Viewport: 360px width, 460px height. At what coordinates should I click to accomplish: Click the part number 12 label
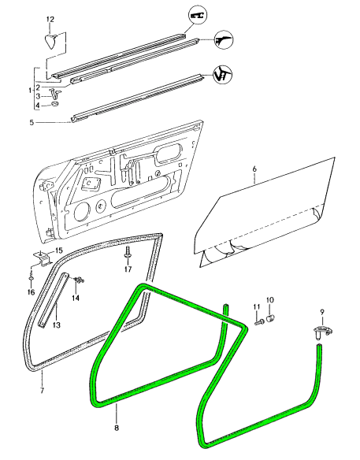tap(50, 20)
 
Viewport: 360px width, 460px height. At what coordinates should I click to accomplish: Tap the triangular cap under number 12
tap(51, 40)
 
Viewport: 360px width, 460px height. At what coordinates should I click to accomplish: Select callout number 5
tap(32, 122)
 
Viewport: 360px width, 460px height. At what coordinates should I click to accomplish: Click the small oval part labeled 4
tap(54, 104)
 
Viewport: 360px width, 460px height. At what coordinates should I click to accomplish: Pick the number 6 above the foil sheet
tap(254, 169)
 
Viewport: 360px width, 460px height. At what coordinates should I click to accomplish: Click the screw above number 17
tap(128, 253)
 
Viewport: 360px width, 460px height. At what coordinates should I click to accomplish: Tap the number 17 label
tap(128, 269)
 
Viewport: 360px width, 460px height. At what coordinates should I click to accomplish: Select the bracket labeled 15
tap(43, 258)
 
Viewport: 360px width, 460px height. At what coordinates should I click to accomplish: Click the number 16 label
tap(31, 292)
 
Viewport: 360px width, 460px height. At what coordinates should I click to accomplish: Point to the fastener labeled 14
tap(79, 280)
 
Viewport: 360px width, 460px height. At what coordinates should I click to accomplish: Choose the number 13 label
tap(57, 325)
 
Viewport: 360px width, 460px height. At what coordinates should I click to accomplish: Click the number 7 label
tap(42, 391)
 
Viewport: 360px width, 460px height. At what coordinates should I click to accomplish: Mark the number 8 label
tap(117, 428)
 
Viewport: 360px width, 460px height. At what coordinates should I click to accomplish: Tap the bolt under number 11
tap(259, 322)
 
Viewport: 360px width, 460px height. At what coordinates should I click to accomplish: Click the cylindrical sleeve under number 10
tap(270, 317)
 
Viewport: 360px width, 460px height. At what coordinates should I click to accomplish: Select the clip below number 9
tap(322, 332)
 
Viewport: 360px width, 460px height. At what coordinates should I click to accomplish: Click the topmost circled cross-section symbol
tap(197, 15)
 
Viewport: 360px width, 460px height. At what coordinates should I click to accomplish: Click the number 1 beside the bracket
tap(30, 90)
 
